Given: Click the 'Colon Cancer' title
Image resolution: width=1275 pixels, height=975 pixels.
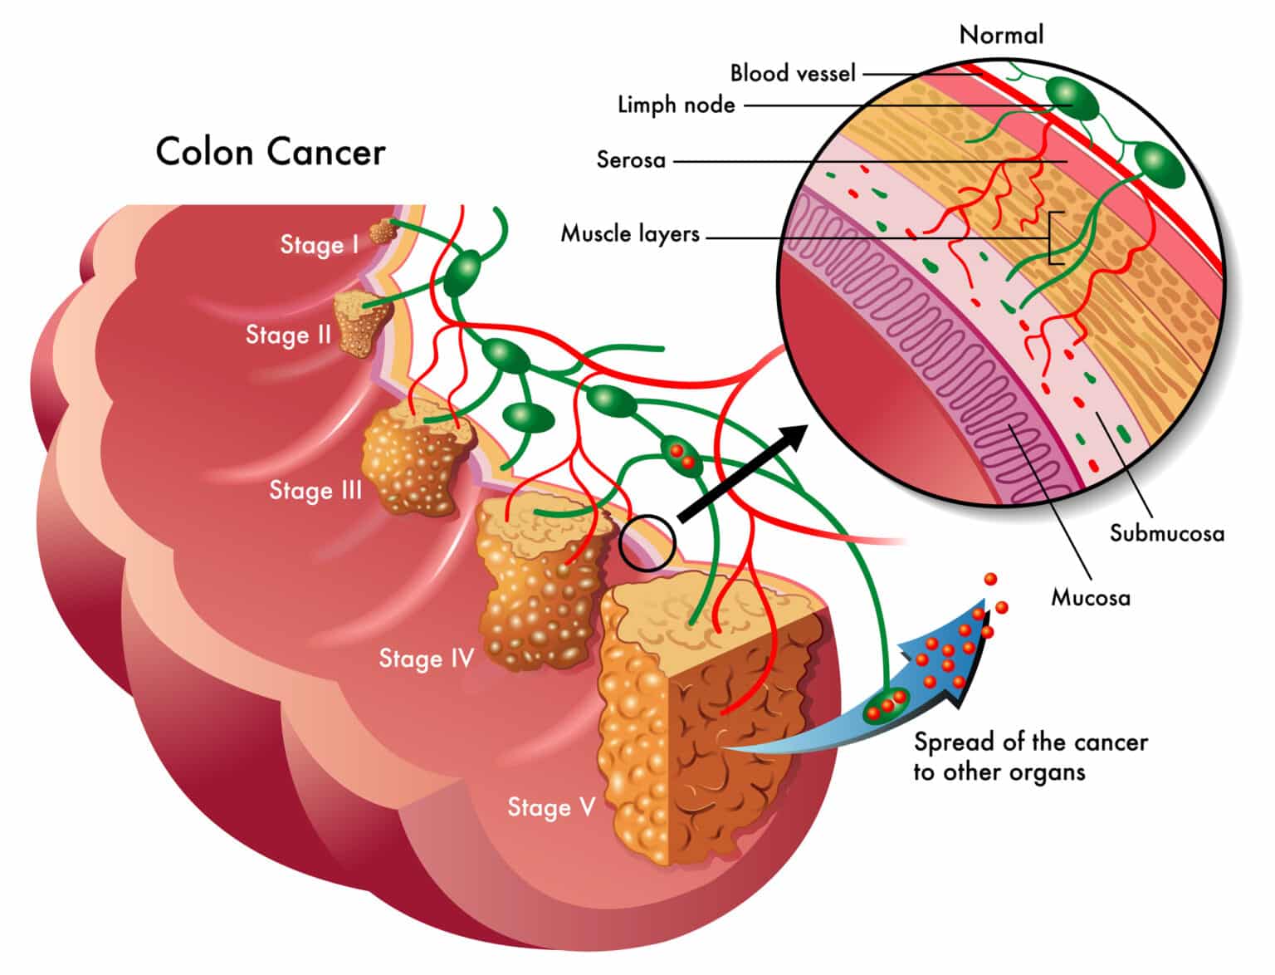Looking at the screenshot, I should [271, 152].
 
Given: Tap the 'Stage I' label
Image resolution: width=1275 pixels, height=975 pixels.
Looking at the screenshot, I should [319, 244].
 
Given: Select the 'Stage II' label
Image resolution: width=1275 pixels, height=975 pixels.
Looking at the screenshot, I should [288, 335].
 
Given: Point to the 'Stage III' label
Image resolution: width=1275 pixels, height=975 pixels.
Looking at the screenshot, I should [315, 490].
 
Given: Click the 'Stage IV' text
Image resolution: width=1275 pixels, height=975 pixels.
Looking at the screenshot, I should [426, 659].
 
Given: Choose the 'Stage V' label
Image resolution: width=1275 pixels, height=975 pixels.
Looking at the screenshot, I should [551, 807].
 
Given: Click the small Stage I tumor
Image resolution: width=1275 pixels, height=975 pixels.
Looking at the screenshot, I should [382, 233].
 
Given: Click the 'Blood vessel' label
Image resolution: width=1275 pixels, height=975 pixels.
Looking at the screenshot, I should [792, 73].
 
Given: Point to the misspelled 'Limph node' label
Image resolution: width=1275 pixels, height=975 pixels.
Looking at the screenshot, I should [676, 105].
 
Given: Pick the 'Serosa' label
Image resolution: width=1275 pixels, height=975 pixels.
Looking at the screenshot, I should [631, 159].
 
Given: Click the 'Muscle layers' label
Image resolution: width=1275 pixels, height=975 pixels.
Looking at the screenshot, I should [630, 233].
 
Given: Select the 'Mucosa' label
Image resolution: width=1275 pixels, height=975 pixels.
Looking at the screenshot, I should [1090, 597].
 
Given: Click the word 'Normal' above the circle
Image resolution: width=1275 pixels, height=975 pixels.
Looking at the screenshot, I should [1001, 35].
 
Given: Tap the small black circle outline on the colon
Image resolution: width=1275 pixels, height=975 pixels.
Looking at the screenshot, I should [647, 543].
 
